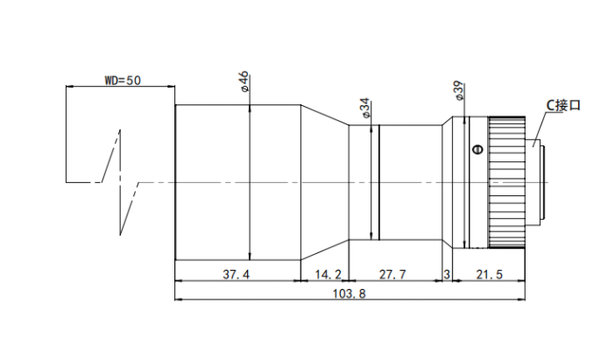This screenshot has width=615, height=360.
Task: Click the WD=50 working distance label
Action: click(123, 81)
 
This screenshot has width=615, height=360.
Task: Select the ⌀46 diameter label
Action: click(244, 81)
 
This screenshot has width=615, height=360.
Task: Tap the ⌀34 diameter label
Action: click(364, 108)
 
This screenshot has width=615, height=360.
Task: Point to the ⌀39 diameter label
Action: click(459, 91)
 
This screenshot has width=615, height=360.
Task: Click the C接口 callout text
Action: click(563, 105)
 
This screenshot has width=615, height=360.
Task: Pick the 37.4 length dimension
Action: click(236, 274)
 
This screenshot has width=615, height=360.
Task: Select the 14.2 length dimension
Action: click(328, 274)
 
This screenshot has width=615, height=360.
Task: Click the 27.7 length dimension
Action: click(392, 274)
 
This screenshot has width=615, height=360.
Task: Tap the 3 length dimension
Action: click(447, 274)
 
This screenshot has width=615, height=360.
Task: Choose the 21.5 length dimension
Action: click(489, 274)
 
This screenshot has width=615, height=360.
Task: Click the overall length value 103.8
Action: click(349, 293)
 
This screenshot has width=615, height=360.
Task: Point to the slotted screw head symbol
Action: click(477, 149)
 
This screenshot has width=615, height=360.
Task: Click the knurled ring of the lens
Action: click(506, 182)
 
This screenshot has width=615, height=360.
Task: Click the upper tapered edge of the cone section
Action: click(325, 115)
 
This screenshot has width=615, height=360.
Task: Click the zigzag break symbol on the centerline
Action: click(120, 182)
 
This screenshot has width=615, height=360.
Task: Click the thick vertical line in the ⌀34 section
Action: click(379, 182)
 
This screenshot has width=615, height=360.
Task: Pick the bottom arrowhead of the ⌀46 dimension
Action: click(250, 256)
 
